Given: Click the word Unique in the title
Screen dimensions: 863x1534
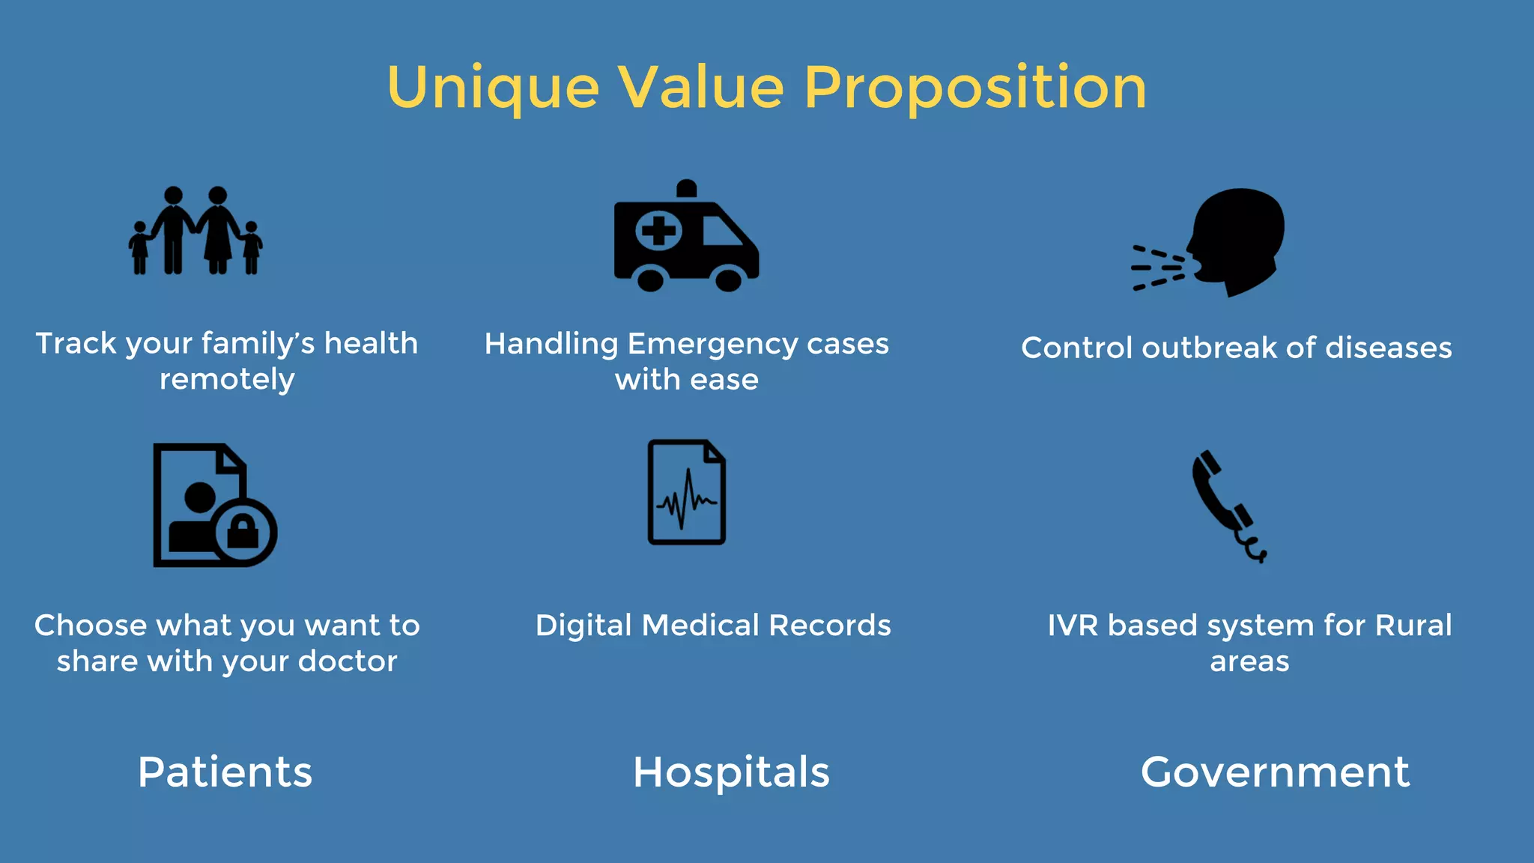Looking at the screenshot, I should pos(493,88).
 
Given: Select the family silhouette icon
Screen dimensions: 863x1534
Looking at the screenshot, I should pos(195,231).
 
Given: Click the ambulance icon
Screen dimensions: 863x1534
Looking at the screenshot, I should pos(685,240).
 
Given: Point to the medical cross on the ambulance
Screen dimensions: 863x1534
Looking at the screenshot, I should pos(658,230).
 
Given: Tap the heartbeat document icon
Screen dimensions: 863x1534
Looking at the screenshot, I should pos(686,492).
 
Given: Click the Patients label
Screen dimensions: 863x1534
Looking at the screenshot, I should pos(225,772).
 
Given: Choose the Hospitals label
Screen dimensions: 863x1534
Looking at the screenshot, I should pos(731,772).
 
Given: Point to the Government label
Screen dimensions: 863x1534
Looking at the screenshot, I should pos(1275,772).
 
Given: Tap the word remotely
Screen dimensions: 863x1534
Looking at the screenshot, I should pos(227,380).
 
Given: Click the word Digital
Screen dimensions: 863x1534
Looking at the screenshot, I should pos(583,626).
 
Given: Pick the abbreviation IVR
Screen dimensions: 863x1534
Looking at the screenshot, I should pos(1073,626).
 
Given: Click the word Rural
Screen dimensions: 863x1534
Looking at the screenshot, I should pos(1413,626).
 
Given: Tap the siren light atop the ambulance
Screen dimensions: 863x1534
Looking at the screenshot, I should pos(686,189).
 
